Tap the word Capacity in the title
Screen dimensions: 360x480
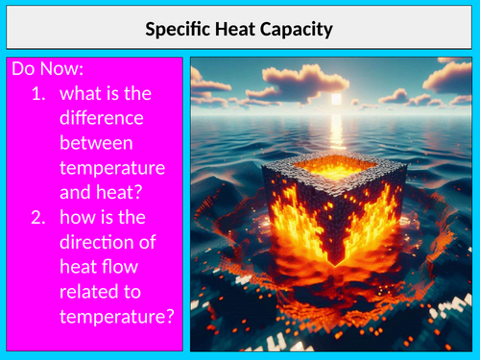click(298, 30)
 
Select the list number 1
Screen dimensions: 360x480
click(37, 96)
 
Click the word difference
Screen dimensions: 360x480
click(101, 121)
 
